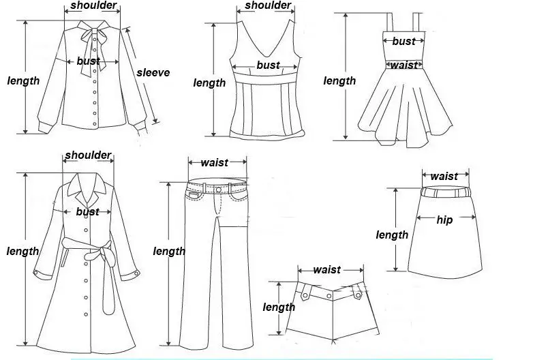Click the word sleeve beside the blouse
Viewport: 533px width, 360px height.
[153, 72]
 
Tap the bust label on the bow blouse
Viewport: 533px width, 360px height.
[88, 61]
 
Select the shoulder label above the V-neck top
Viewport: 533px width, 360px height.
[268, 5]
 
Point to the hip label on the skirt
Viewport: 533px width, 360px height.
[444, 220]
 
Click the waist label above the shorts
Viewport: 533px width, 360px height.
[326, 269]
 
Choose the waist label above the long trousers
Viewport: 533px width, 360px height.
[214, 162]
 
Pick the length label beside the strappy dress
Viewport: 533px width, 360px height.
[339, 81]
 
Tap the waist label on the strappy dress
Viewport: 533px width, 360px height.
[403, 65]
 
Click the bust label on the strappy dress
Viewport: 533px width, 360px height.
[403, 41]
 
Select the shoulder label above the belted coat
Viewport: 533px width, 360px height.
[88, 155]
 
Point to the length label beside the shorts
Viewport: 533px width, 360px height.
[279, 307]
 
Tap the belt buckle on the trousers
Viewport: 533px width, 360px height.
[219, 189]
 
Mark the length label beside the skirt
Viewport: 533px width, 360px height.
[392, 235]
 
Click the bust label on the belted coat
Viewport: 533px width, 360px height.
[87, 211]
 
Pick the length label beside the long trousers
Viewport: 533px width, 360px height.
[169, 251]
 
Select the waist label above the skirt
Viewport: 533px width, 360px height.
[444, 177]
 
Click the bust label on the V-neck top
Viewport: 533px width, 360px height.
[268, 65]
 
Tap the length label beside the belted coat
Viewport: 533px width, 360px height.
[22, 251]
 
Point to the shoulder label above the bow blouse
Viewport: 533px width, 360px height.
[93, 5]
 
